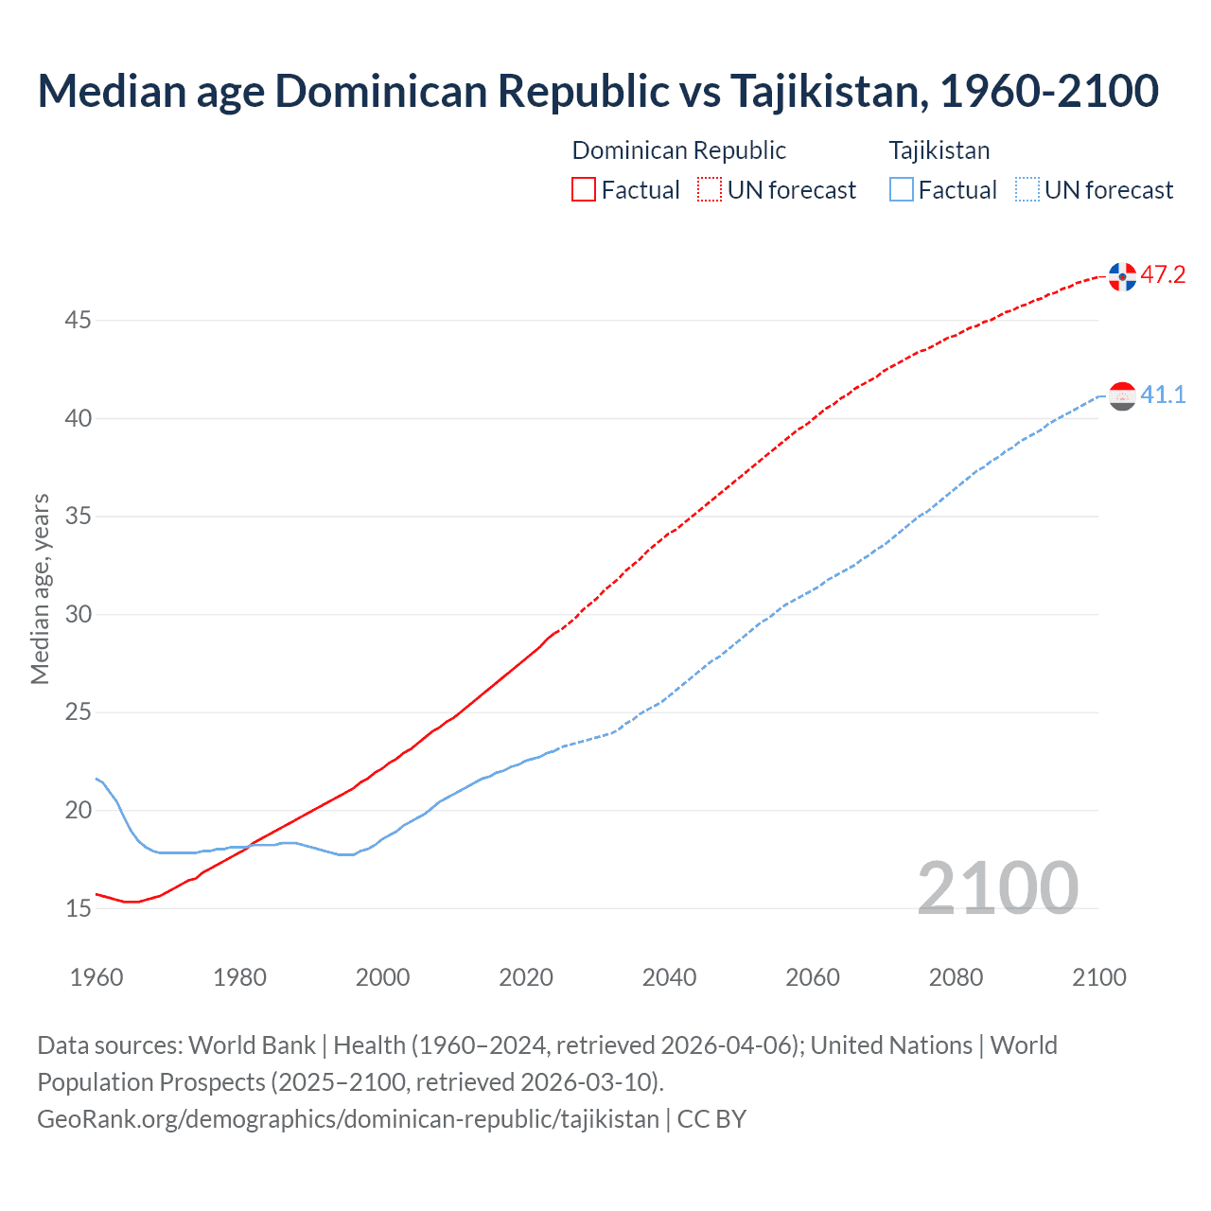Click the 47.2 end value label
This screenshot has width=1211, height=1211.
(x=1163, y=275)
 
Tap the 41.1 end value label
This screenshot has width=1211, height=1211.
(x=1163, y=395)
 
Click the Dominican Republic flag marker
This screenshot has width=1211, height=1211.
(x=1122, y=276)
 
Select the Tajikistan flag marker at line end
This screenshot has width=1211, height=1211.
(x=1122, y=396)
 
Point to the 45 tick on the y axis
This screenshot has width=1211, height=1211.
(x=78, y=321)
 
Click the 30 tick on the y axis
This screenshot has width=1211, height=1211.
(x=78, y=615)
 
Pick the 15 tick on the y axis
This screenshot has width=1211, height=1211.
(x=78, y=909)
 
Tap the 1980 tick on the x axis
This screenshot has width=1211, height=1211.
(x=239, y=977)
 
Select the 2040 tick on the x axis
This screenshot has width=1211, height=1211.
(x=669, y=977)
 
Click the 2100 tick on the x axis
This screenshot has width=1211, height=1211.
(x=1098, y=977)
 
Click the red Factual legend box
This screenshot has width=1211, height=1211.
(x=584, y=190)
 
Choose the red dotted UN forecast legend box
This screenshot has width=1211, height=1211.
(x=710, y=190)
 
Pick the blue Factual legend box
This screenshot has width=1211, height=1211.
(x=902, y=190)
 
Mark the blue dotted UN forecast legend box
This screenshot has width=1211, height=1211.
(x=1027, y=190)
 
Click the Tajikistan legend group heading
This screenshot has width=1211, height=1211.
(x=939, y=150)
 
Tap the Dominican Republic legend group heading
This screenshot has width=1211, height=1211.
(x=678, y=150)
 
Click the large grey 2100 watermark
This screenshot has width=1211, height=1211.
(x=997, y=887)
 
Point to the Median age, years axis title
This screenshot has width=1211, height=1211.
(x=40, y=588)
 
